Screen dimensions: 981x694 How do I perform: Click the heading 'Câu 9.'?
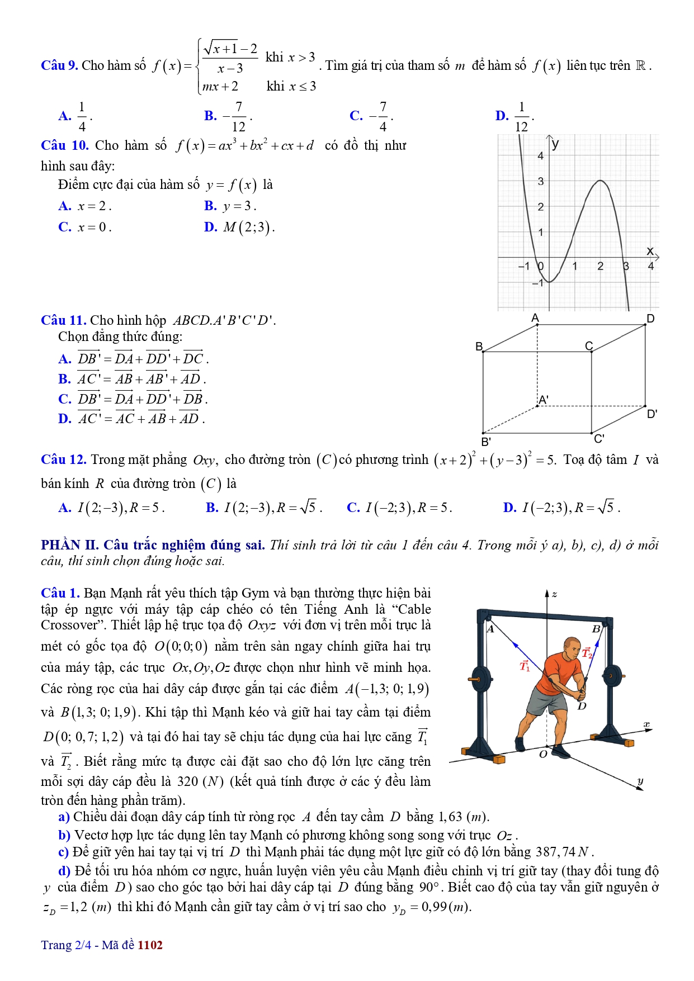click(x=59, y=66)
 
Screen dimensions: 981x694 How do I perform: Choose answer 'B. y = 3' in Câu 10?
click(x=230, y=206)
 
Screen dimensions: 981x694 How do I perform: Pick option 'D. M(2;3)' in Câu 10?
click(x=239, y=228)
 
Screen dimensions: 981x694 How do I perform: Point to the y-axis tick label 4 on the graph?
click(x=540, y=156)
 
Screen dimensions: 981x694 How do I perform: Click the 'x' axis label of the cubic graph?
click(x=650, y=251)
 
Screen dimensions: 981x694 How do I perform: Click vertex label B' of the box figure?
click(x=486, y=441)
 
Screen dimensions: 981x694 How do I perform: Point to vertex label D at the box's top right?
click(x=650, y=319)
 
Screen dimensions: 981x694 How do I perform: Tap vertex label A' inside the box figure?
click(x=543, y=400)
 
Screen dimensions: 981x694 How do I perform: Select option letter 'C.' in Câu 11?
click(x=65, y=399)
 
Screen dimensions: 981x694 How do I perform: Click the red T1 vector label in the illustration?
click(x=525, y=666)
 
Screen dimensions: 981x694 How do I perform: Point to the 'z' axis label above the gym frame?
click(x=554, y=594)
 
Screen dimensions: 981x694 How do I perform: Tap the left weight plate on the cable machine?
click(x=481, y=680)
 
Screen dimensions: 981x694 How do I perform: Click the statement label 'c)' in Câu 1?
click(x=64, y=852)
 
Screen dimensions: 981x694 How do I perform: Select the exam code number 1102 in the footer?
click(x=150, y=945)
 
